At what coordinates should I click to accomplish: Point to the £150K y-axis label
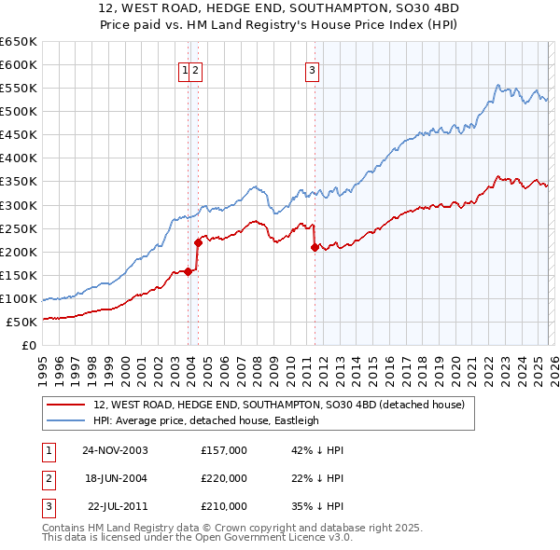pyautogui.click(x=18, y=275)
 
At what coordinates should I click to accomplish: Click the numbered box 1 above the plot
pyautogui.click(x=186, y=69)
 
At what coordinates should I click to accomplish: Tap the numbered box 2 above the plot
pyautogui.click(x=197, y=69)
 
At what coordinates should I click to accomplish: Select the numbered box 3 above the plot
pyautogui.click(x=312, y=69)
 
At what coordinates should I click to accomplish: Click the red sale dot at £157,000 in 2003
pyautogui.click(x=189, y=271)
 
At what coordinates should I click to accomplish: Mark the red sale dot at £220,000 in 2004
pyautogui.click(x=198, y=242)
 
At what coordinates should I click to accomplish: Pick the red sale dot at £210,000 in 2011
pyautogui.click(x=315, y=247)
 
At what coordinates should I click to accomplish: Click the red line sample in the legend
pyautogui.click(x=66, y=406)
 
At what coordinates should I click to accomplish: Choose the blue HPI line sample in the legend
pyautogui.click(x=66, y=420)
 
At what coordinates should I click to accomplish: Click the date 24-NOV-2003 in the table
pyautogui.click(x=115, y=450)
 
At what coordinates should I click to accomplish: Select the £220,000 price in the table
pyautogui.click(x=224, y=478)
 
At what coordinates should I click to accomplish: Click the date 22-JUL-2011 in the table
pyautogui.click(x=115, y=506)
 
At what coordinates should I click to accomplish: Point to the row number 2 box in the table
pyautogui.click(x=48, y=478)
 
